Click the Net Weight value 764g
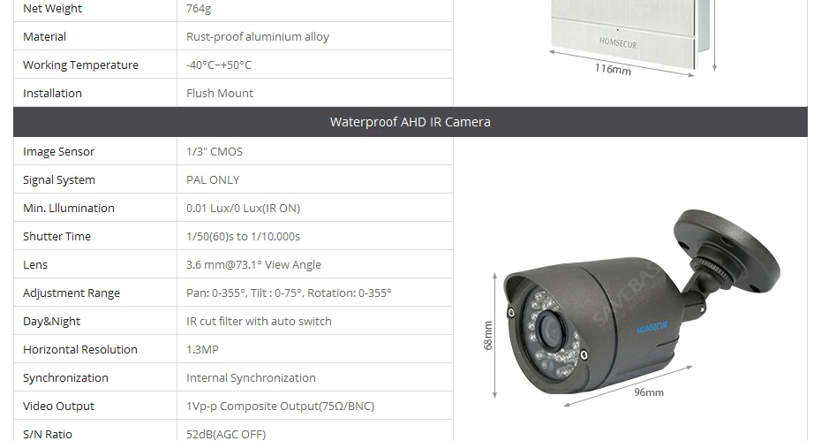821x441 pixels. (x=199, y=8)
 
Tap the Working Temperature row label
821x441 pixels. (x=80, y=65)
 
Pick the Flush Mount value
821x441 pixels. (x=220, y=94)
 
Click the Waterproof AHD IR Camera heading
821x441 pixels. (x=410, y=122)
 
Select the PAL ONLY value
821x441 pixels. (x=213, y=180)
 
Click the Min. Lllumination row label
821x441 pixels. (x=69, y=209)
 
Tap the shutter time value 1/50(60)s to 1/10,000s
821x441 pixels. (x=243, y=237)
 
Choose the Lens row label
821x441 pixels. (x=35, y=265)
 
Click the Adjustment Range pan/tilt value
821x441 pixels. (x=289, y=293)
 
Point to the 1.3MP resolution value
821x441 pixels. (x=202, y=350)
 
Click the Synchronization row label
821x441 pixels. (x=65, y=378)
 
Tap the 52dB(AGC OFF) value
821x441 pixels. (x=226, y=435)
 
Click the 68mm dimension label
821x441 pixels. (x=488, y=336)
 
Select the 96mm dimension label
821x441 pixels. (x=649, y=392)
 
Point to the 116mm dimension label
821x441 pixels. (x=613, y=69)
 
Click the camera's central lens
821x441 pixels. (x=550, y=331)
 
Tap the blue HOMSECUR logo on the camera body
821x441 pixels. (x=652, y=327)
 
